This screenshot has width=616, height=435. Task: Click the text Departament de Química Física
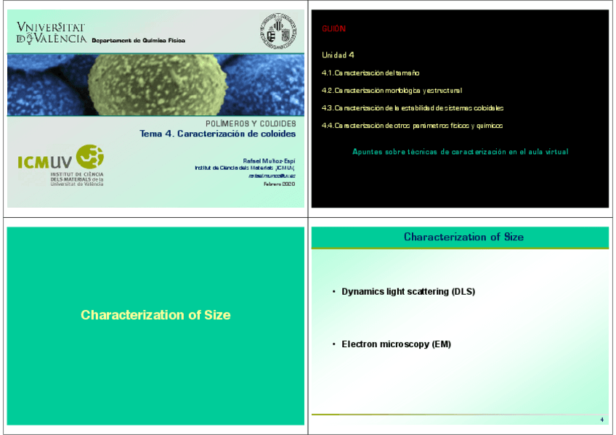click(x=138, y=41)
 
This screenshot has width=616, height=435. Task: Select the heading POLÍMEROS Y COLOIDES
click(x=251, y=124)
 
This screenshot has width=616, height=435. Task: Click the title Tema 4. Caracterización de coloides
click(x=217, y=134)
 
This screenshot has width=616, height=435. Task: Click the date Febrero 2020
click(x=279, y=184)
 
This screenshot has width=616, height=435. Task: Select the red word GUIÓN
click(x=333, y=29)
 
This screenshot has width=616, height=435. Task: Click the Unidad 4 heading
click(x=338, y=55)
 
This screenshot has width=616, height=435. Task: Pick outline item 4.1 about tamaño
click(x=370, y=73)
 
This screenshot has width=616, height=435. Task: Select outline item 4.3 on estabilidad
click(x=413, y=108)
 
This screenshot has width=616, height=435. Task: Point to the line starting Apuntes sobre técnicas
click(x=460, y=152)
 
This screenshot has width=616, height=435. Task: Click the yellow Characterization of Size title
click(x=155, y=315)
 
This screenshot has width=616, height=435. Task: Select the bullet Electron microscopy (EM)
click(x=396, y=344)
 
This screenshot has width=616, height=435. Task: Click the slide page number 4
click(x=601, y=420)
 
